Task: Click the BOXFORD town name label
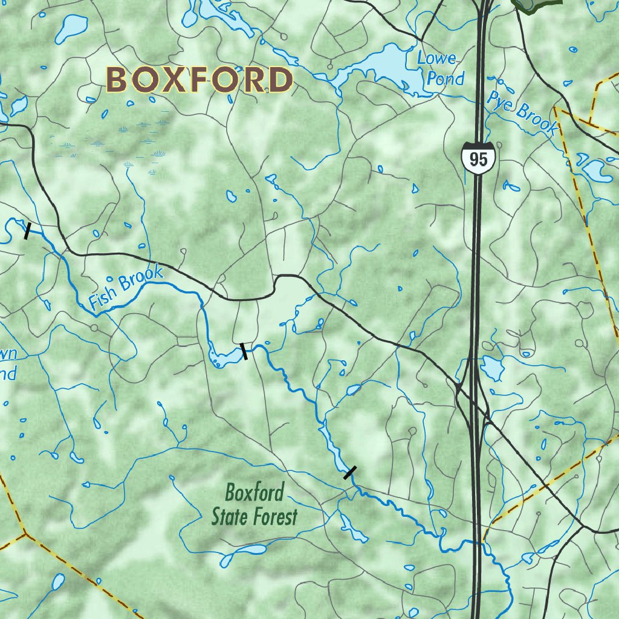point(199,80)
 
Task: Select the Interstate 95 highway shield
point(478,159)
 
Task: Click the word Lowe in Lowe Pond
point(436,59)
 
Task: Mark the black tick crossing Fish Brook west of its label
point(27,230)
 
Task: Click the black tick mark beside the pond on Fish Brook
point(244,351)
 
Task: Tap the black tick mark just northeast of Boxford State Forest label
point(350,472)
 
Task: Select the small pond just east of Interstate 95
point(493,367)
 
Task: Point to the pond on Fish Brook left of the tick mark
point(222,357)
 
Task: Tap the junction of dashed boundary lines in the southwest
point(25,534)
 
